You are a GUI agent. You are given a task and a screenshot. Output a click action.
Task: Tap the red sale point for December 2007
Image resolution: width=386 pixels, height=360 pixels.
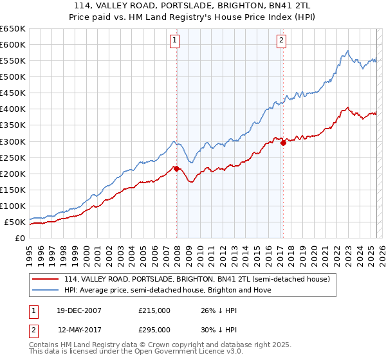[177, 168]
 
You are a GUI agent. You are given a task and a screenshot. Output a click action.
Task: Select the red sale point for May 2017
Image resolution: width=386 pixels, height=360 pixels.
[283, 143]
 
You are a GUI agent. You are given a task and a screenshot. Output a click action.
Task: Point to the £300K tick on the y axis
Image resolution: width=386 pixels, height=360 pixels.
[13, 141]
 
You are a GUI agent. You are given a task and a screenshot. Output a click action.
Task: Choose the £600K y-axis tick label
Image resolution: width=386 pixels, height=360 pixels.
[13, 44]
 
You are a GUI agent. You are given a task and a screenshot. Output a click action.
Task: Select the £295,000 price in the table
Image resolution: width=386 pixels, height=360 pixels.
[154, 329]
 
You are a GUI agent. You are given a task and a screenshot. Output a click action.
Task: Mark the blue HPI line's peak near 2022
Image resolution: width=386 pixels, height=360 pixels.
[347, 51]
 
